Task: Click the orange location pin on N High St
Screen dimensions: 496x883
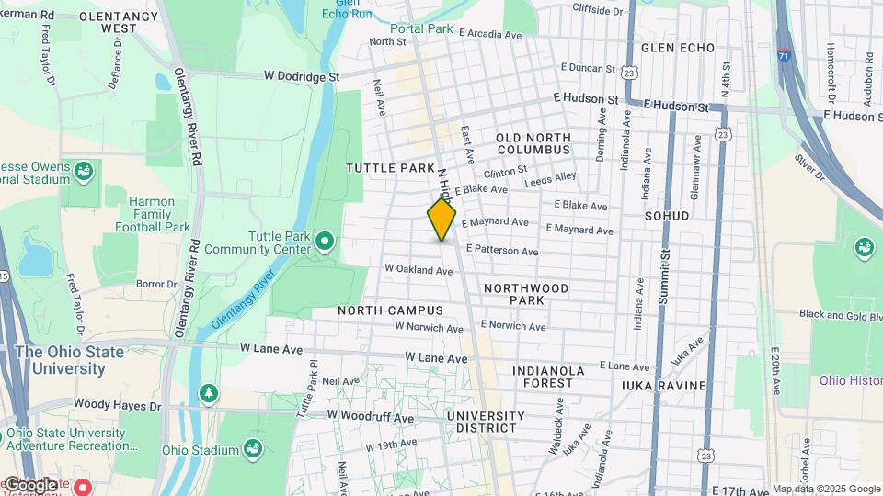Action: pyautogui.click(x=441, y=220)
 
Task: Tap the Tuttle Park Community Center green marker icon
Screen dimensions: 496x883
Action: pyautogui.click(x=324, y=242)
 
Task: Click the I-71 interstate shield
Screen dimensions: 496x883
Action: pyautogui.click(x=783, y=56)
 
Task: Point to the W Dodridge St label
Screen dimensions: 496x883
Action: pyautogui.click(x=302, y=76)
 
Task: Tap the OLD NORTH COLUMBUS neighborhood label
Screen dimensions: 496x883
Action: pyautogui.click(x=533, y=143)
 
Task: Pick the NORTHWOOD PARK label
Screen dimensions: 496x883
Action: pyautogui.click(x=526, y=294)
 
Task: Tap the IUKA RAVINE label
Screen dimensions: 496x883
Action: pyautogui.click(x=663, y=386)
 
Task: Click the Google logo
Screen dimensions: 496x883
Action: pyautogui.click(x=29, y=484)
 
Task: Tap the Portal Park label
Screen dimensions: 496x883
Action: pyautogui.click(x=421, y=28)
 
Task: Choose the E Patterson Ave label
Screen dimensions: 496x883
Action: pyautogui.click(x=501, y=250)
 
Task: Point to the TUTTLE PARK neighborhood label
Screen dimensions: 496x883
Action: pyautogui.click(x=389, y=168)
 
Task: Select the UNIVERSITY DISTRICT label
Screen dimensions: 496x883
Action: pyautogui.click(x=485, y=422)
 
